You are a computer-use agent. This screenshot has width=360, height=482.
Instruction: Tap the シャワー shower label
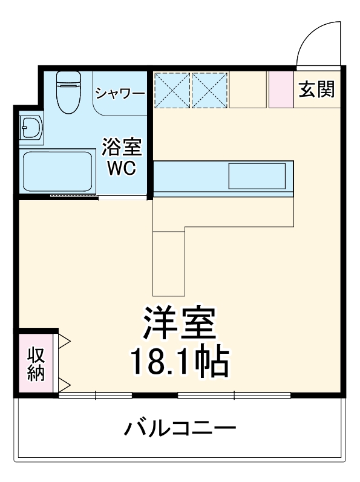pos(120,94)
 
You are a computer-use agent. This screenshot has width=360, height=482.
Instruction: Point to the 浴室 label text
pos(121,146)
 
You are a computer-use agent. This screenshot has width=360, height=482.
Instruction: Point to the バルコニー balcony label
pos(180,430)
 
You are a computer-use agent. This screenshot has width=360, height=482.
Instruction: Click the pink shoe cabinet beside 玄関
pos(280,90)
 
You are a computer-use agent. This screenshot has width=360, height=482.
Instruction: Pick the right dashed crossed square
pos(210,90)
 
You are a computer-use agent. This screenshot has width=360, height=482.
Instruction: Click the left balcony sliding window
pos(96,396)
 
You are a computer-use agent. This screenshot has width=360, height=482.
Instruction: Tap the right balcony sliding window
pos(234,396)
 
